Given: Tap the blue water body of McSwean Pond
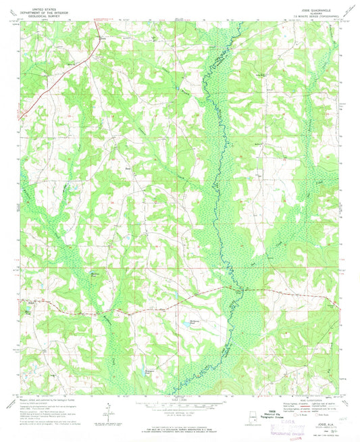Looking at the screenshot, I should click(x=183, y=326).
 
